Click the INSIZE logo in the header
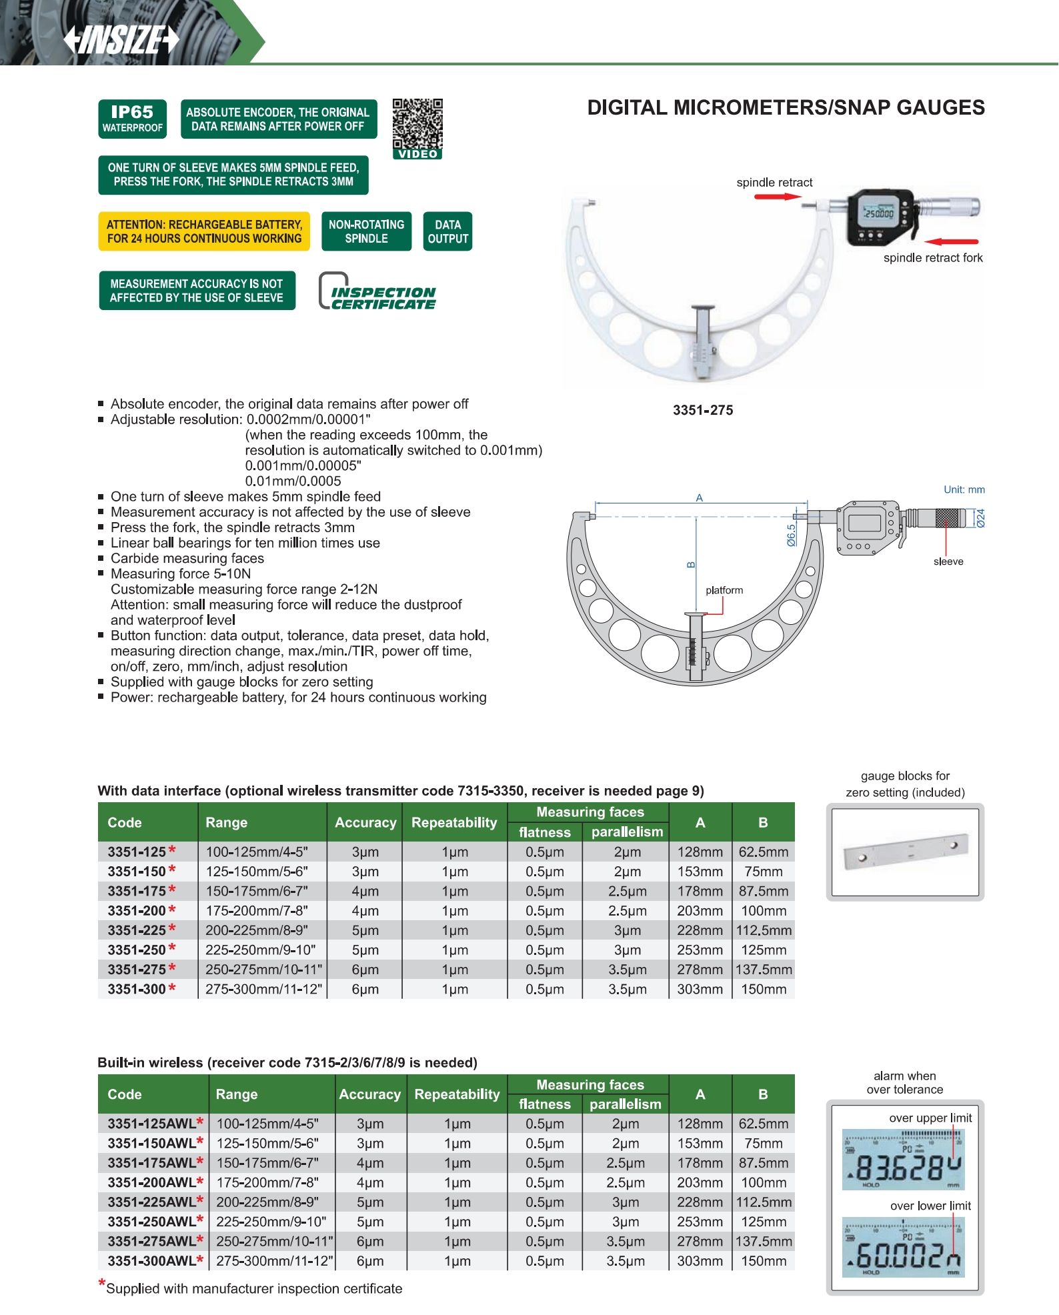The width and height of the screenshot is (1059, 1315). [121, 39]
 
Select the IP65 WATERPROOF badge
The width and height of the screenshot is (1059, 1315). [132, 119]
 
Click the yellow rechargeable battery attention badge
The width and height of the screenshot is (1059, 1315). [204, 231]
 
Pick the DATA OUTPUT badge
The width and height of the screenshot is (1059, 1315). [447, 231]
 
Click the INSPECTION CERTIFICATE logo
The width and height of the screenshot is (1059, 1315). [378, 292]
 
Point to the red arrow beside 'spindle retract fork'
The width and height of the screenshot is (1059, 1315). [952, 241]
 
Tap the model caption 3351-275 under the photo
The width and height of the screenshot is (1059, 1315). [702, 410]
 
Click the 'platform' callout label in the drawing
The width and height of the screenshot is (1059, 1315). [724, 590]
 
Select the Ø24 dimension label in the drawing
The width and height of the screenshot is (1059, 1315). [980, 518]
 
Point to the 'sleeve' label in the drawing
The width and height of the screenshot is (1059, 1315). [948, 561]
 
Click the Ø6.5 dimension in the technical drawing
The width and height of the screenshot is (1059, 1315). [791, 535]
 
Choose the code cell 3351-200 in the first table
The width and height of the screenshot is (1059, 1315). [137, 911]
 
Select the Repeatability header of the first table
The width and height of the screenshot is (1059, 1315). [454, 822]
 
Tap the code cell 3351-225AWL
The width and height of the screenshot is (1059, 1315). [152, 1202]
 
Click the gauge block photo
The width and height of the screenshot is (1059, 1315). [905, 852]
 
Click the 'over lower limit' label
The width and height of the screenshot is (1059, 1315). [930, 1206]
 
